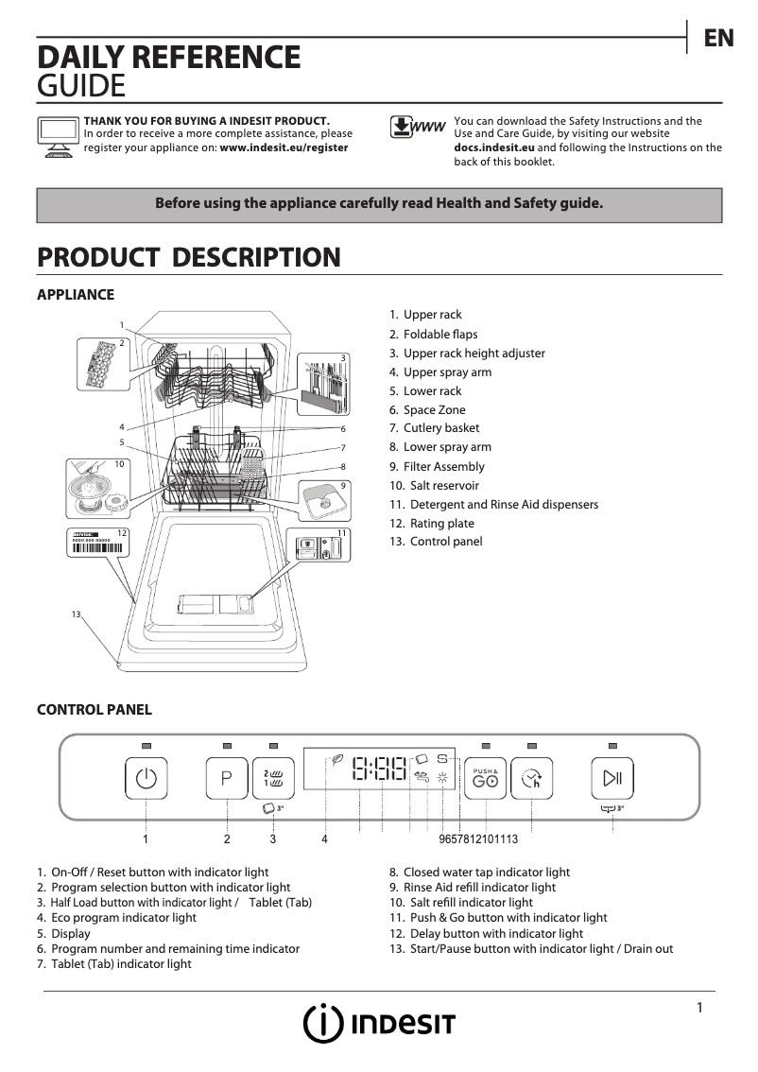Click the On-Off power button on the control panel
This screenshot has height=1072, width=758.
point(146,779)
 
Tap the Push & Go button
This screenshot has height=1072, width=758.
point(486,779)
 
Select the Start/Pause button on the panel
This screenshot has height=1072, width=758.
point(612,779)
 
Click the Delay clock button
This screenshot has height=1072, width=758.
point(532,779)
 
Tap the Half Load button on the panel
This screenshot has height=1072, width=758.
point(273,779)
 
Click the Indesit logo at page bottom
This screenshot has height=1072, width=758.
point(379,1023)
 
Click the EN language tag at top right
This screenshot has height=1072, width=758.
point(718,38)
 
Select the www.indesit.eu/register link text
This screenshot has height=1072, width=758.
point(284,147)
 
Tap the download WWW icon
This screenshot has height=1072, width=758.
point(417,128)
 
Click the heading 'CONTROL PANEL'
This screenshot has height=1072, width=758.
point(94,710)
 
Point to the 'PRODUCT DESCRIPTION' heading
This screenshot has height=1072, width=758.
point(188,257)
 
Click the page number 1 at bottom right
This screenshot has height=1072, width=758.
point(699,1008)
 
